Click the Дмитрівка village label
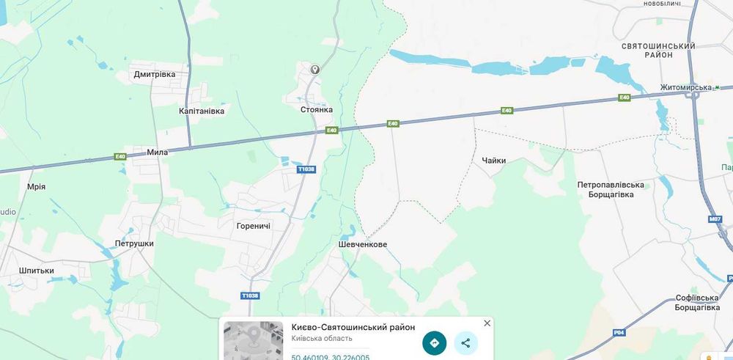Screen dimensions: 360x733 [x=155, y=74]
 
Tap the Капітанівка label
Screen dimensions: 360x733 [x=202, y=111]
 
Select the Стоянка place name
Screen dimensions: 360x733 [x=316, y=109]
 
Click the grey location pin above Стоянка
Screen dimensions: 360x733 [x=315, y=70]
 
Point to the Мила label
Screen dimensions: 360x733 [x=158, y=153]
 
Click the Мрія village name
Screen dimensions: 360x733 [x=36, y=186]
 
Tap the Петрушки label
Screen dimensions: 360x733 [x=134, y=243]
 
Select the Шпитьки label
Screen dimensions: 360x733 [x=37, y=271]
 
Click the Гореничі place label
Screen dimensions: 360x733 [x=254, y=226]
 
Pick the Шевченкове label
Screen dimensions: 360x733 [x=363, y=244]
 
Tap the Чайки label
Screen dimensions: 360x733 [x=494, y=161]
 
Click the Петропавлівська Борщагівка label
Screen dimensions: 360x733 [x=611, y=190]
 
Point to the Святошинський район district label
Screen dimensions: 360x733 [x=658, y=51]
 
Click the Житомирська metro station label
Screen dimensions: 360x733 [x=685, y=87]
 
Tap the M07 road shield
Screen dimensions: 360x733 [x=715, y=219]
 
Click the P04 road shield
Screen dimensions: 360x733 [x=619, y=333]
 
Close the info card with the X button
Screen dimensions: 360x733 [x=487, y=323]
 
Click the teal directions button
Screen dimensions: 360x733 [x=434, y=342]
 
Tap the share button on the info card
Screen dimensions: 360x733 [x=465, y=342]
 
